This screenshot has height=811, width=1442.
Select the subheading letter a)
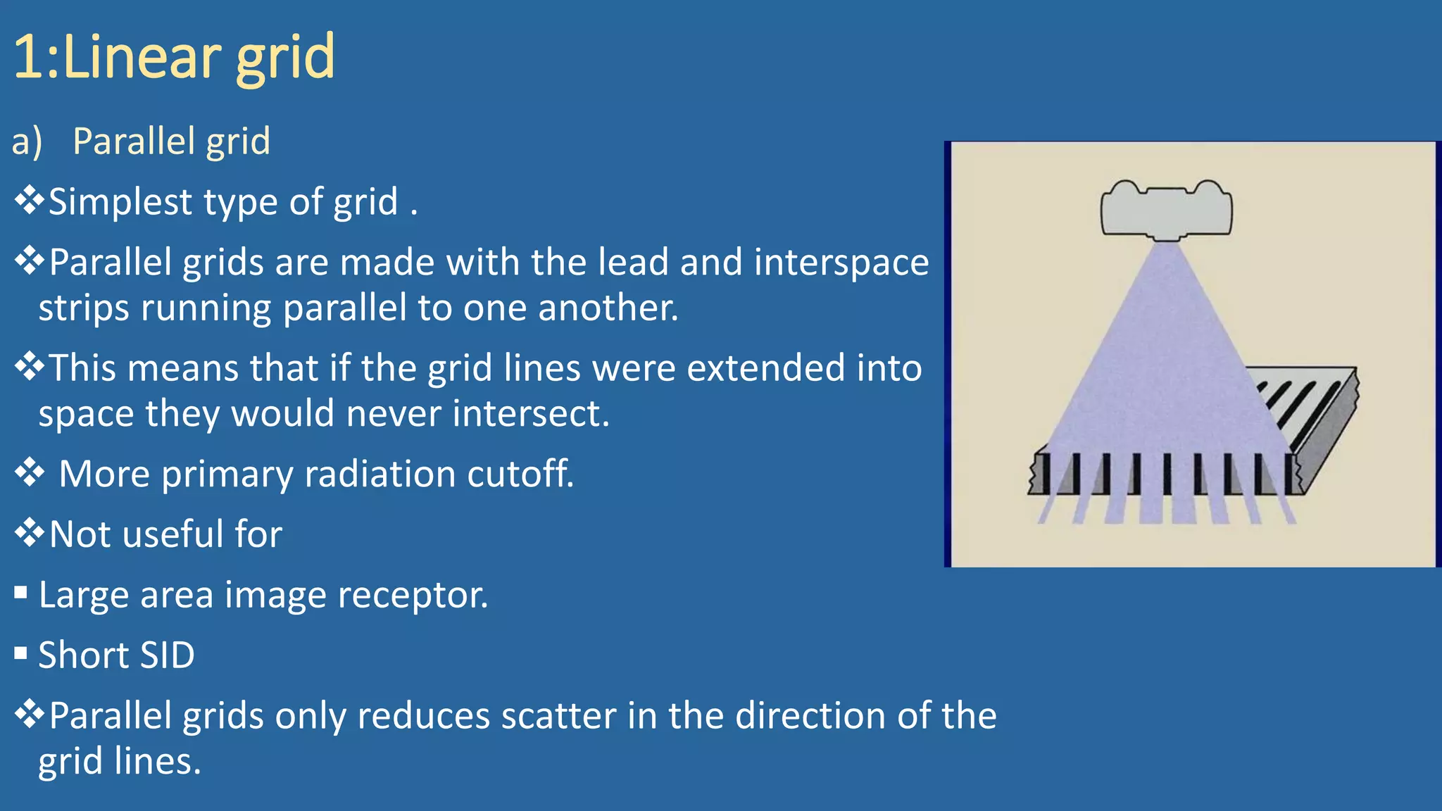coord(27,142)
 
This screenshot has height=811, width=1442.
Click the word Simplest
coord(120,202)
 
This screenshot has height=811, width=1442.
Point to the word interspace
coord(841,263)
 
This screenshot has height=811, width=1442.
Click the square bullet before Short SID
coord(20,654)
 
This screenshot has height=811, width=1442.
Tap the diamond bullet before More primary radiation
coord(30,472)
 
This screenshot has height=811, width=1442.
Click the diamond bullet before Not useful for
coord(30,533)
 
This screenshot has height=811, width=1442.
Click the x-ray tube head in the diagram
coord(1166,209)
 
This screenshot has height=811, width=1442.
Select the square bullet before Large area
coord(20,593)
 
